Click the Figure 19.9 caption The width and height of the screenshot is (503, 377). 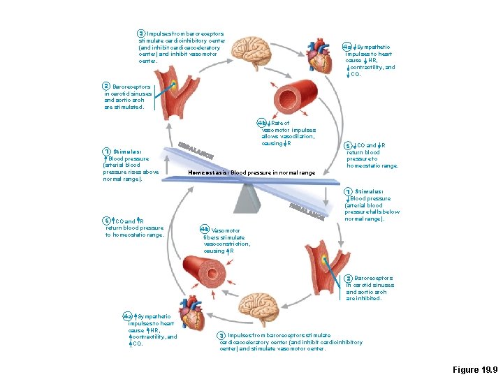pyautogui.click(x=474, y=369)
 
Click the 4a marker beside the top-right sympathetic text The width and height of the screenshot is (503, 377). pyautogui.click(x=347, y=47)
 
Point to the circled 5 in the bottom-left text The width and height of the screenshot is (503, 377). pyautogui.click(x=106, y=221)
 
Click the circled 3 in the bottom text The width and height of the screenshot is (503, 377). pyautogui.click(x=221, y=335)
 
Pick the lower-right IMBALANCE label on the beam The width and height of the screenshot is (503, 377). pyautogui.click(x=307, y=209)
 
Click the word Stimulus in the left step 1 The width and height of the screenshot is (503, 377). pyautogui.click(x=127, y=151)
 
